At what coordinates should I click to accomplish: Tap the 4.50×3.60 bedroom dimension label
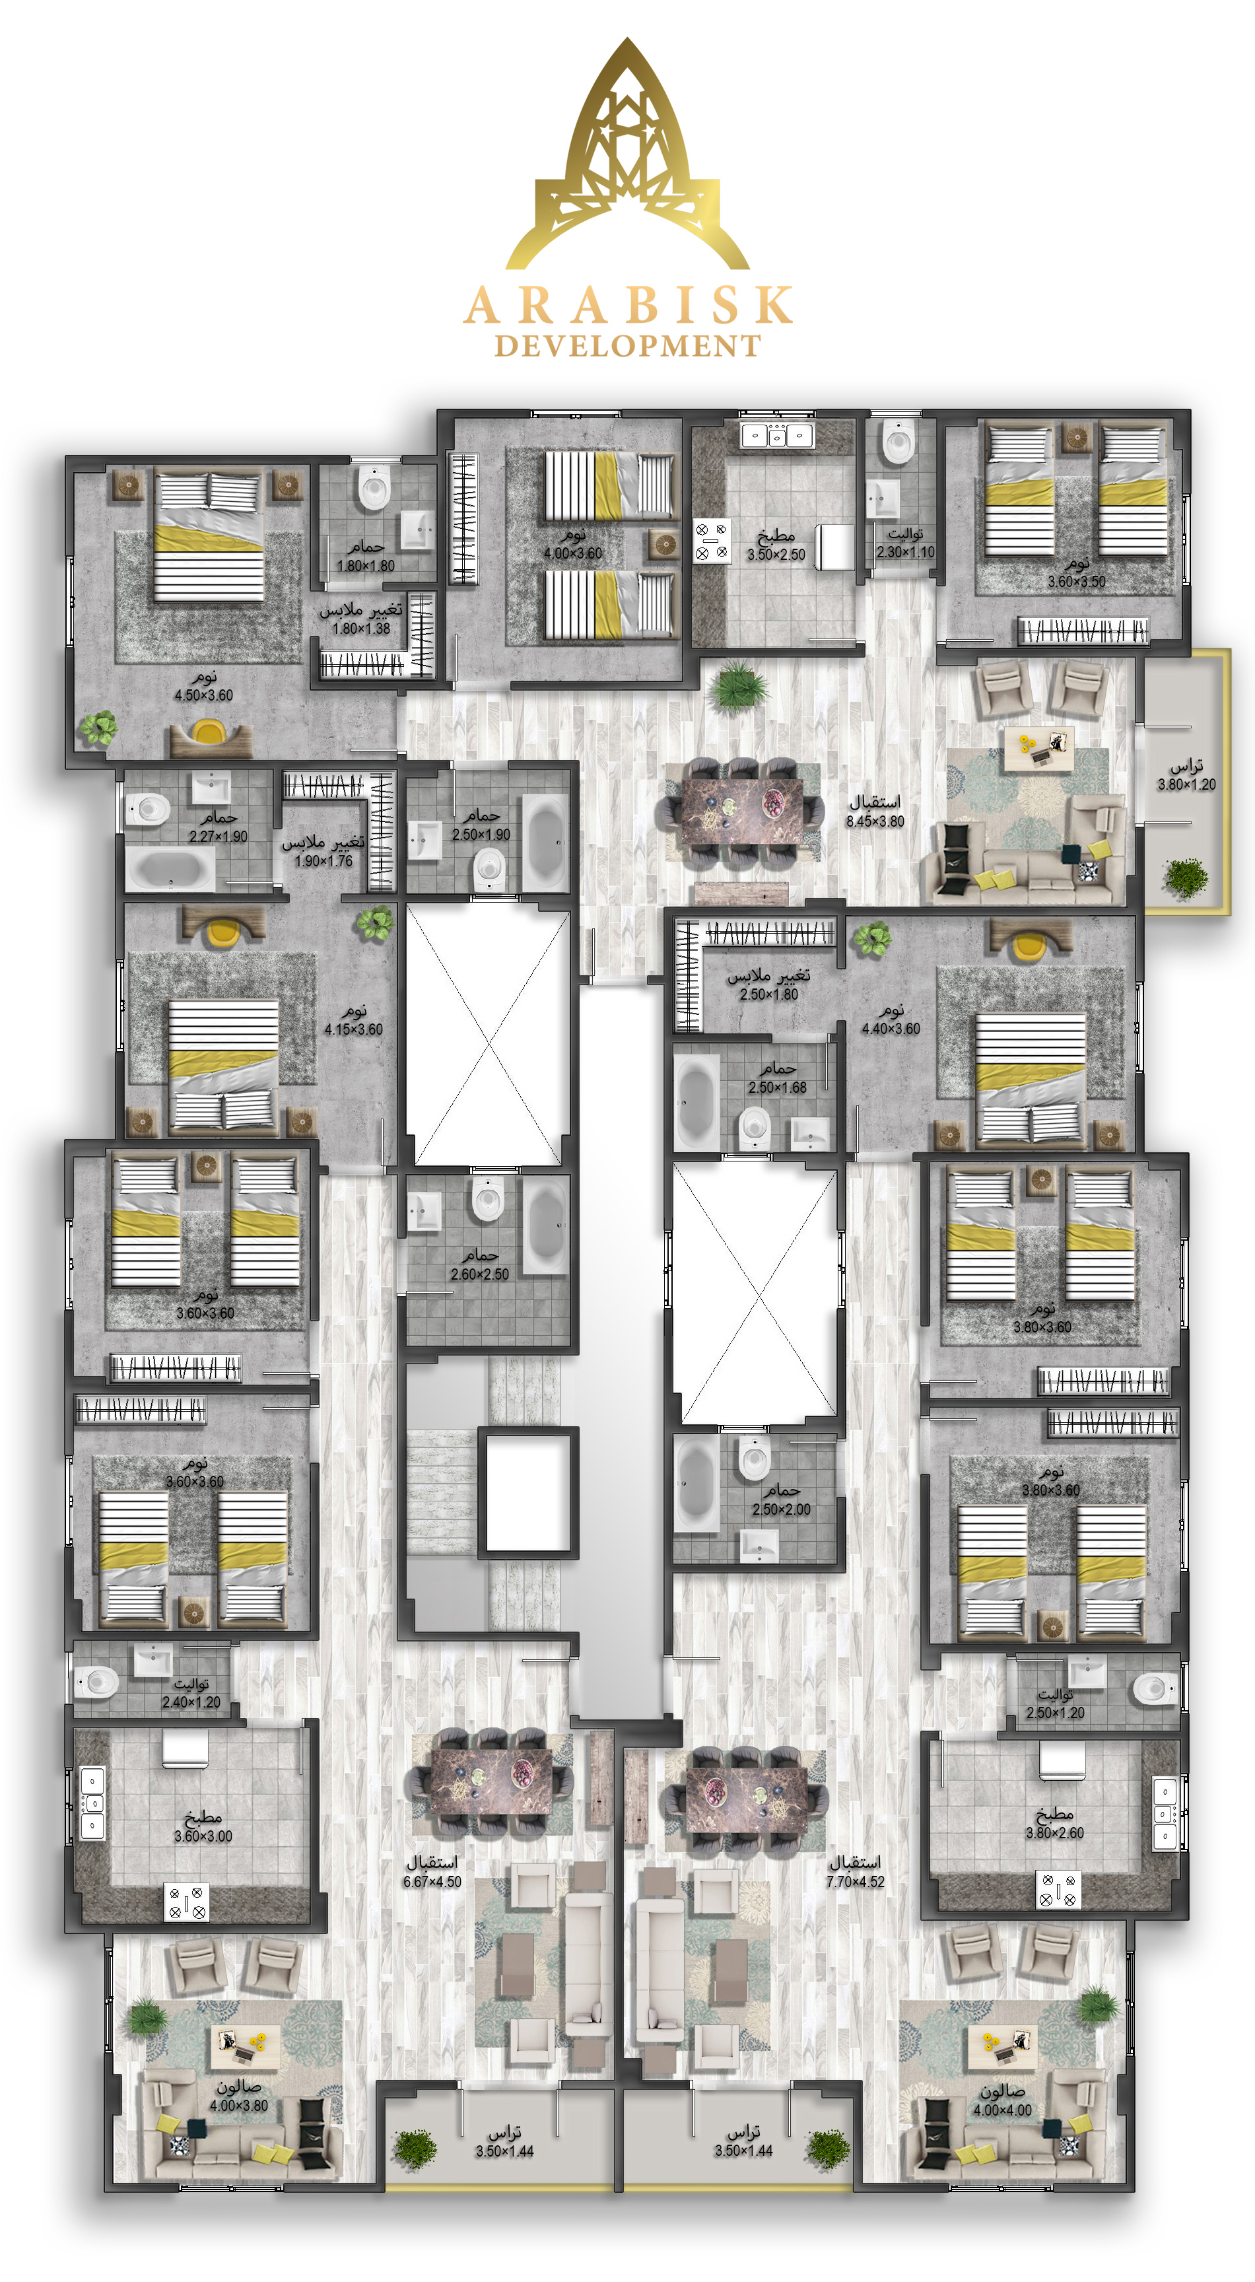[204, 695]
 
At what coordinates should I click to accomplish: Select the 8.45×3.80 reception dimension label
[875, 821]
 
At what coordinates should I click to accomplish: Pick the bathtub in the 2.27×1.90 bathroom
[170, 869]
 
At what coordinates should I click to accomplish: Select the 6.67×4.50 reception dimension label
[432, 1882]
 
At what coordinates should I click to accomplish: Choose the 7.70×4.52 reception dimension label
[856, 1882]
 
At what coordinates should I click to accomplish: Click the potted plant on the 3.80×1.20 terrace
[1185, 877]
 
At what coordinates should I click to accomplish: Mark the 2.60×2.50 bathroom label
[479, 1274]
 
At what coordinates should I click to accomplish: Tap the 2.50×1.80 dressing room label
[768, 994]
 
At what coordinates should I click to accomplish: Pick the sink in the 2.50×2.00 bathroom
[759, 1545]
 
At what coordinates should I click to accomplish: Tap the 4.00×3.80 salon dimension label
[239, 2105]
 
